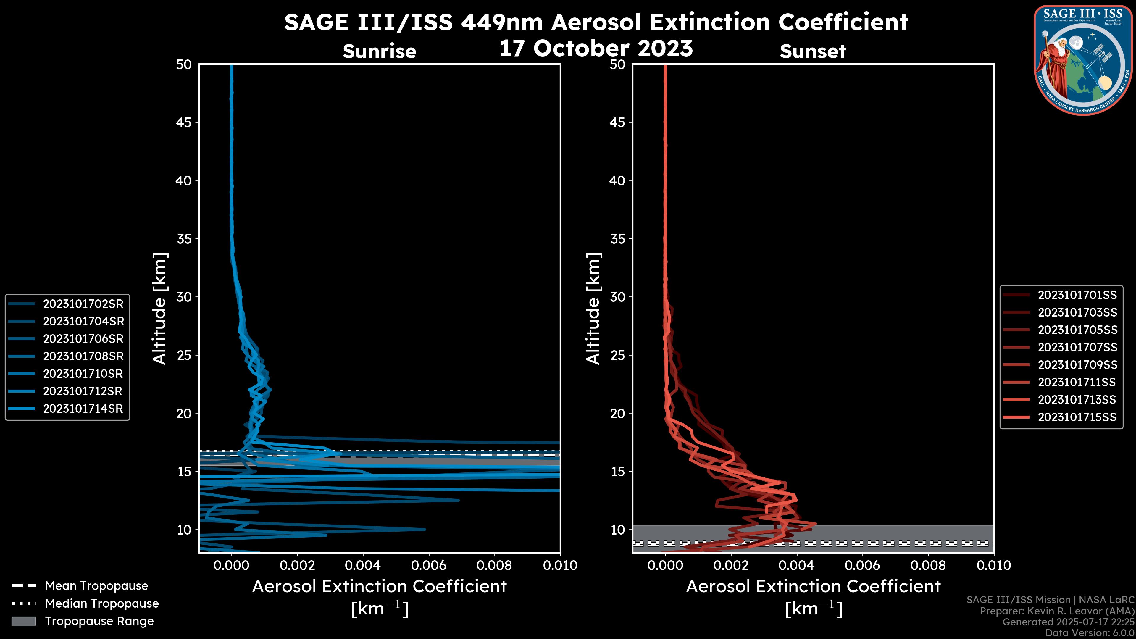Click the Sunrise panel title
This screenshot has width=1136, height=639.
379,51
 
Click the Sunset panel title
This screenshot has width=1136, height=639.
813,51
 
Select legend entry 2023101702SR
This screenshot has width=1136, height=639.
83,304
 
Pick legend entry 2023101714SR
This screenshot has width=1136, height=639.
83,409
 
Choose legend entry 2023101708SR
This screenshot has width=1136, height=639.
83,356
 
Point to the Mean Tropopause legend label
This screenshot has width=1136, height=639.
96,586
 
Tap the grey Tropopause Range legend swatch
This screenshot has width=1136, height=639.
24,621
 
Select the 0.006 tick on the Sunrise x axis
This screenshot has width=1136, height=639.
429,565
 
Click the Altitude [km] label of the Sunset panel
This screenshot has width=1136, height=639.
593,309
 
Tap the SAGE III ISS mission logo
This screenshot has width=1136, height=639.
1083,60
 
